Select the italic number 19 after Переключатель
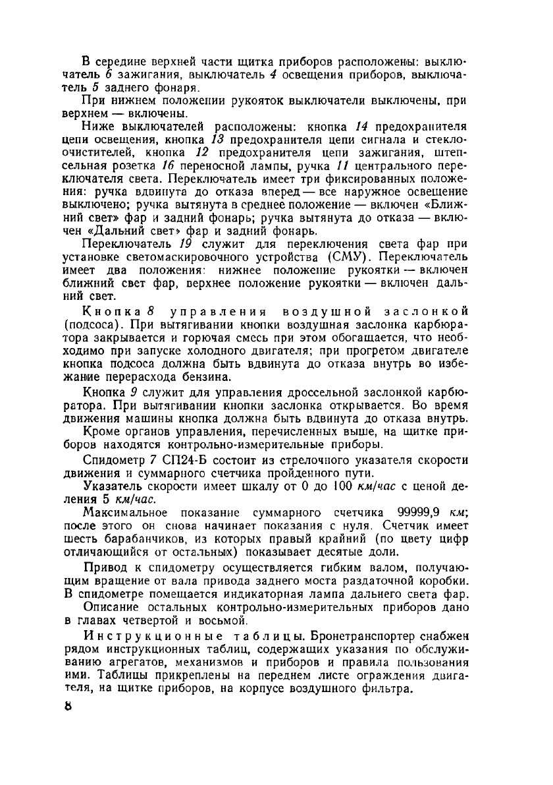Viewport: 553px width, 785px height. [x=174, y=243]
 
